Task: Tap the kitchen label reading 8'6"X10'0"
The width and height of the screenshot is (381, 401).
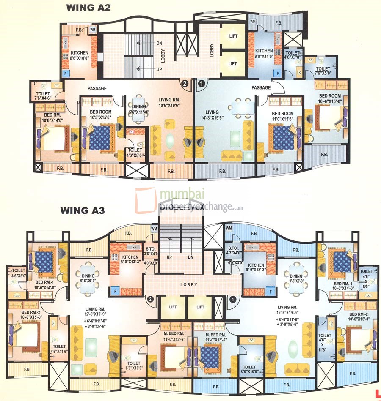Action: (79, 56)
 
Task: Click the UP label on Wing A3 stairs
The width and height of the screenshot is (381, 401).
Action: (169, 256)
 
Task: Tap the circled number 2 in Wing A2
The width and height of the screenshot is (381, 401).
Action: (185, 83)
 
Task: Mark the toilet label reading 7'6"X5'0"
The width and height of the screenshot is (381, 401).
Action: (323, 71)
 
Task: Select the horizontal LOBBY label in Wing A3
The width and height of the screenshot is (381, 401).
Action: (188, 285)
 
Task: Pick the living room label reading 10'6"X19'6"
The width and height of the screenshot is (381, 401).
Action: (169, 102)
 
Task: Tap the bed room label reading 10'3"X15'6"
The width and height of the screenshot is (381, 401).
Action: (100, 115)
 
